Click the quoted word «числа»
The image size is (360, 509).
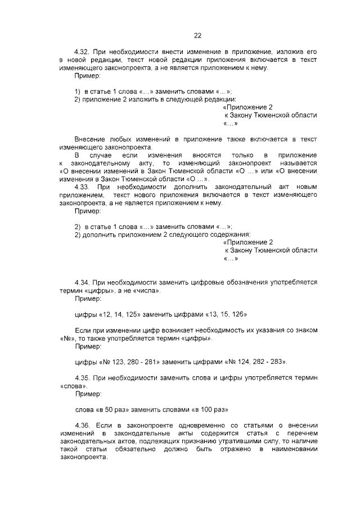146,291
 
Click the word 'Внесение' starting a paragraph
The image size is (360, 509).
91,139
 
